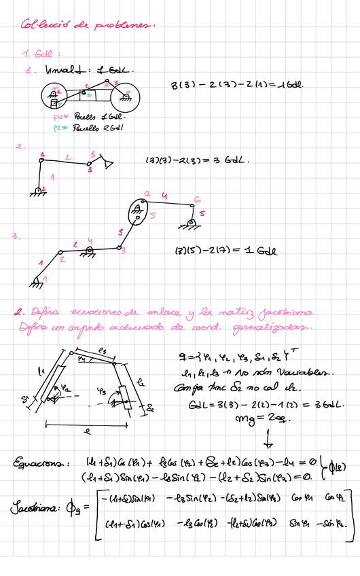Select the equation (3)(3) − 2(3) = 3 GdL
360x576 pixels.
[198, 161]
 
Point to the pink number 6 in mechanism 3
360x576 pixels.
[197, 199]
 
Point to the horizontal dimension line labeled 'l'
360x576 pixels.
[88, 424]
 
